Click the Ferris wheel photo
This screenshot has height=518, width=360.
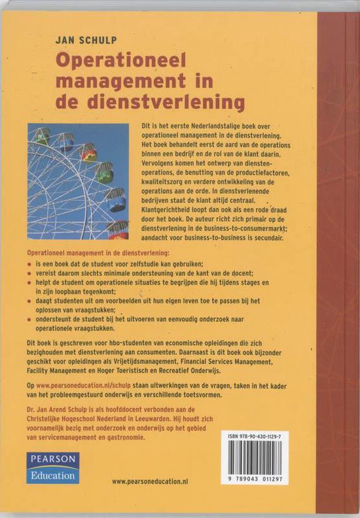pos(79,181)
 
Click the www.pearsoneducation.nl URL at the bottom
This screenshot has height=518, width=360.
pos(150,481)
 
